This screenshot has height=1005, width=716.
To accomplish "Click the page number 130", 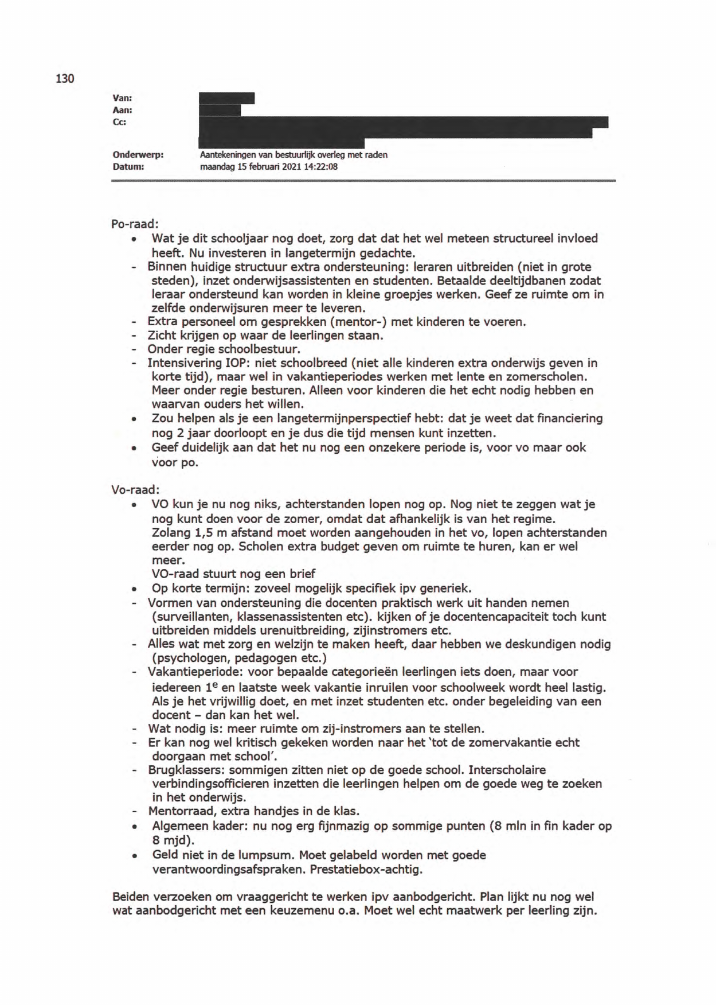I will click(65, 79).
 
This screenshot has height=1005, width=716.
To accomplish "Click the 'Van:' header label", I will click(123, 99).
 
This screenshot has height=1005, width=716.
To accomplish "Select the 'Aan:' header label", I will click(123, 110).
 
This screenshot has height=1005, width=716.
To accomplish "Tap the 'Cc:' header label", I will click(120, 122).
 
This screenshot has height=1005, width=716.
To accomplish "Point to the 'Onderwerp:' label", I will click(138, 155).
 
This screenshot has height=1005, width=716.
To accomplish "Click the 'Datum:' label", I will click(128, 166).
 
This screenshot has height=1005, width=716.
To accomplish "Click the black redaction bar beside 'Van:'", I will click(226, 98).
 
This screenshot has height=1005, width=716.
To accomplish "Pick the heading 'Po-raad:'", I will click(135, 224).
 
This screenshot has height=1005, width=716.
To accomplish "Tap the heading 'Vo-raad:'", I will click(135, 489).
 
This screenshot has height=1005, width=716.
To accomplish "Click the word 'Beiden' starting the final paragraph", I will click(131, 897).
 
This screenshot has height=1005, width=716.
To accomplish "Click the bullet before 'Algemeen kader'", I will click(134, 827).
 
